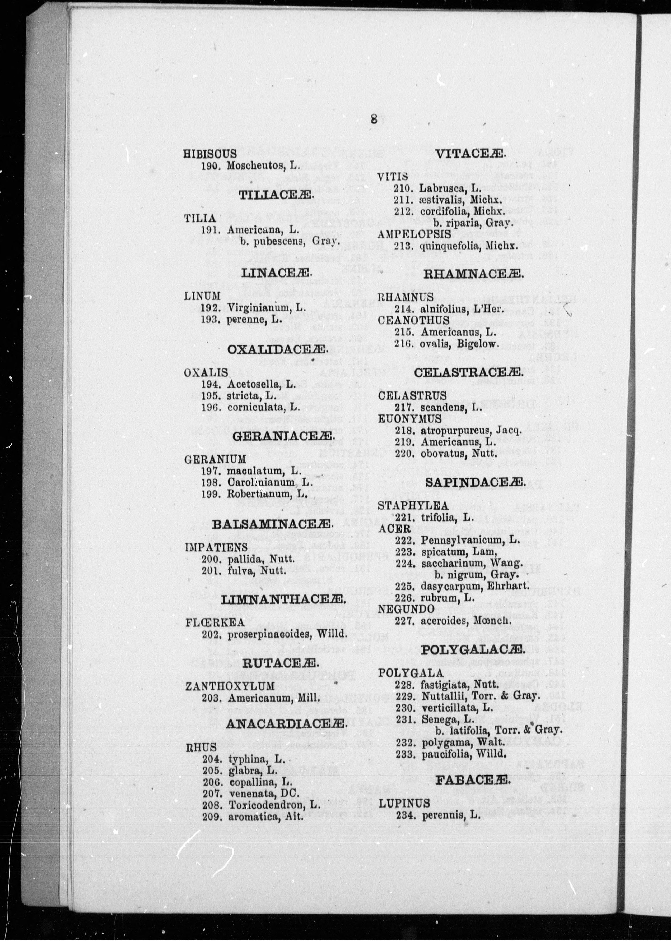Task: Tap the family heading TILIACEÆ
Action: (x=276, y=195)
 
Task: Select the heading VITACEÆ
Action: (x=470, y=154)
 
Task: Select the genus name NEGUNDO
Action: (x=406, y=608)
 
